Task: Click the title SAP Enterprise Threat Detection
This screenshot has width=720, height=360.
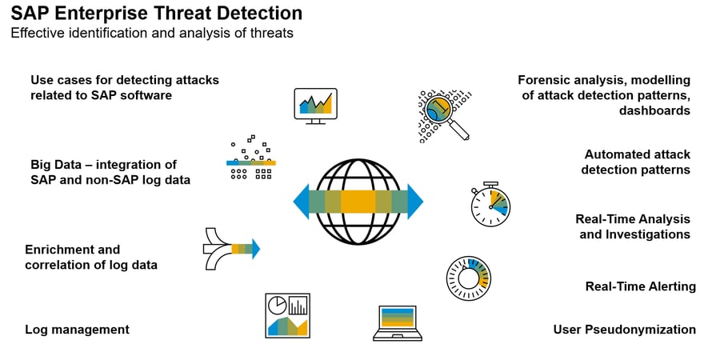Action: [156, 14]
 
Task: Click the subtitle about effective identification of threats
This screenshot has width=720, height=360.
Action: [151, 33]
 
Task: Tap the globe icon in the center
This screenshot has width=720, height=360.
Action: [358, 202]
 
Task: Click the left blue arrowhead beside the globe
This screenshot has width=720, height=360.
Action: [301, 202]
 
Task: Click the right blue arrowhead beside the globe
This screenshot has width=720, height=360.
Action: [414, 202]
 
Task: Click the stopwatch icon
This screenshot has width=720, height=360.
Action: [490, 204]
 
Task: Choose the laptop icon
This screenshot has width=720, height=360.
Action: [397, 322]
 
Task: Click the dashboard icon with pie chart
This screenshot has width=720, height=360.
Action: [287, 315]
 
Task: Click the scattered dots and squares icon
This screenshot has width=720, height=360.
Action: [251, 158]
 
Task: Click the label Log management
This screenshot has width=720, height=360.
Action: [77, 329]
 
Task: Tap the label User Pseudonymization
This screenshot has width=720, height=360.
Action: [624, 329]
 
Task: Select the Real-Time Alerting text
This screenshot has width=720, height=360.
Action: [640, 286]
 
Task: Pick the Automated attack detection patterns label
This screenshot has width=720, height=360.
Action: [636, 162]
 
